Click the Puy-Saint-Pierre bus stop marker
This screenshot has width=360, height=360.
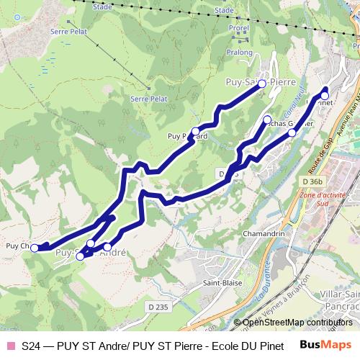tap(262, 84)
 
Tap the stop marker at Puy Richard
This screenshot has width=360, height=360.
tap(195, 132)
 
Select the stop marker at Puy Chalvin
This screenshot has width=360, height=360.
tap(35, 248)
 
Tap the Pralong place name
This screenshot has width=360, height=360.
tap(240, 53)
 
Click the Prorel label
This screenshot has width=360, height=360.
tap(238, 29)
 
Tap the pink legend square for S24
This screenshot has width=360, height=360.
tap(11, 346)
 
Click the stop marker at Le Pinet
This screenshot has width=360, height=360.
tap(325, 95)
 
